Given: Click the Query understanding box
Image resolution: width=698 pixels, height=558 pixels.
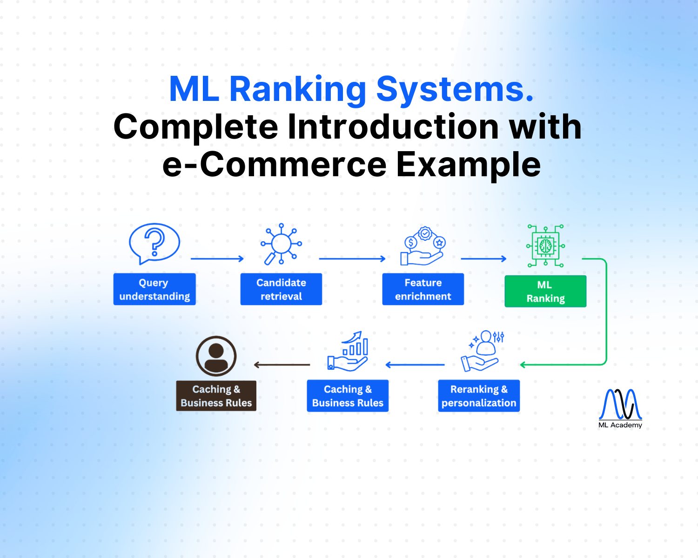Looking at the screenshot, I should pos(154,289).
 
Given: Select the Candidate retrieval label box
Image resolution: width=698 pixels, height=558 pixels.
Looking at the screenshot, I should pos(281,289).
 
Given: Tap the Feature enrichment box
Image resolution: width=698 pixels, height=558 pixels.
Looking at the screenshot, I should pos(423,289).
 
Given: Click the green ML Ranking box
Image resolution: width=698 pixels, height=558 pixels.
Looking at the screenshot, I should pos(545,292).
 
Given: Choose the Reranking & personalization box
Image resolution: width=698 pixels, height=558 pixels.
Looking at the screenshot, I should pos(479,396).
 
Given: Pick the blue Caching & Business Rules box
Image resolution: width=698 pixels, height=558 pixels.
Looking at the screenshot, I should pos(348,396).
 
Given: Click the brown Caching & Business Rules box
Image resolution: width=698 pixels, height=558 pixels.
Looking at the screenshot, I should pos(216,396).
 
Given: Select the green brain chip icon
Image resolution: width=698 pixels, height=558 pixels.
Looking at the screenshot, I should pos(545,246).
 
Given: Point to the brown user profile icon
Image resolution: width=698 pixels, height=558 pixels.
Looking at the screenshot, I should pos(216,356).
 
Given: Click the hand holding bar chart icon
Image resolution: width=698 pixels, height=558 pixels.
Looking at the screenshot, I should pos(348,352).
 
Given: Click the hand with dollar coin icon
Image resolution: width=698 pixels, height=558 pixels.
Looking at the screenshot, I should pos(423,246).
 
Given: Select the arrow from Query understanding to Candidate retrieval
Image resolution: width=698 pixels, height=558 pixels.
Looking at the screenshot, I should pos(217,259).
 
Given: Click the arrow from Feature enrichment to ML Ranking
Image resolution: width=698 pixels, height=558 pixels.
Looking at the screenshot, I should pos(483,259).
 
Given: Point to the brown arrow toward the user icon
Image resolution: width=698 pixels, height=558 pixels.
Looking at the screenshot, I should pos(282,365).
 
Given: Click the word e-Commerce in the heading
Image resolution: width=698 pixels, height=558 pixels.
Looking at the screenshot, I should pos(274,165).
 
